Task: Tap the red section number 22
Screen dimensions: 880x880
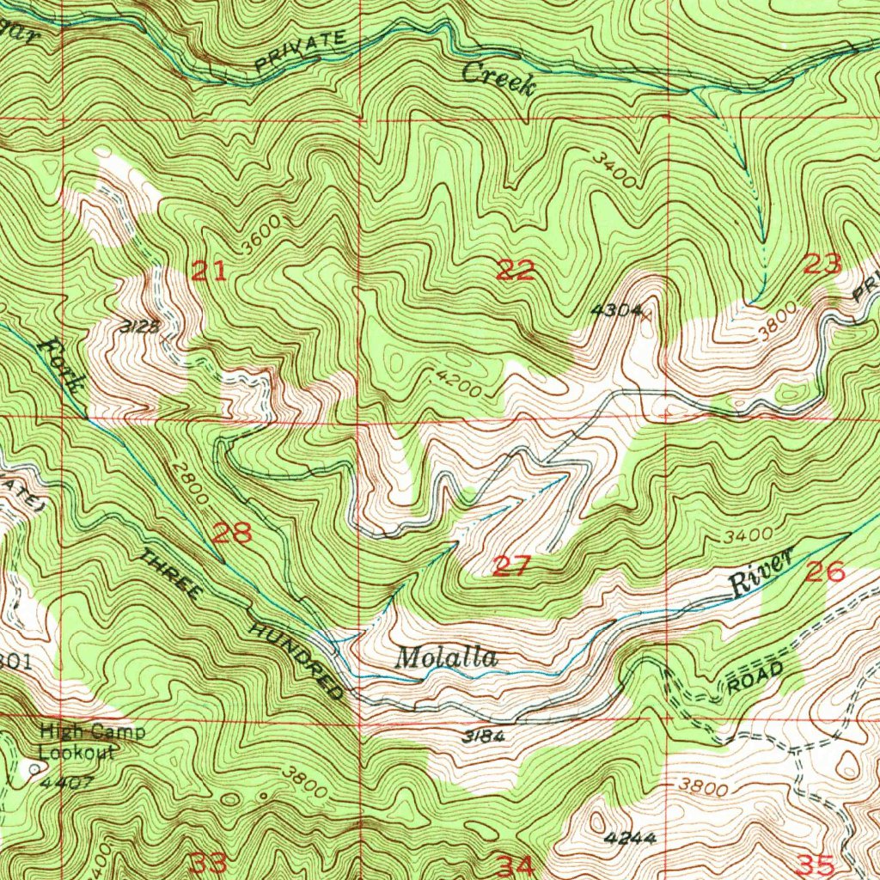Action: (516, 271)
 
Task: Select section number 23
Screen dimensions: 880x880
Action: (822, 264)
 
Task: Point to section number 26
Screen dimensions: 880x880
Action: (825, 570)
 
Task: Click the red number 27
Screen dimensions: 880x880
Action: (512, 565)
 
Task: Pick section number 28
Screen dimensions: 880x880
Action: (232, 534)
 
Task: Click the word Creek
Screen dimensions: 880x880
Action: (499, 79)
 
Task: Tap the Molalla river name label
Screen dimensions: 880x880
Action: (446, 658)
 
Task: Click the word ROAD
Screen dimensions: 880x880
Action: (755, 677)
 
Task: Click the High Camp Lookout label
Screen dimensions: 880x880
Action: (93, 742)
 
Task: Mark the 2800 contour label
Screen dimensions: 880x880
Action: (191, 482)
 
